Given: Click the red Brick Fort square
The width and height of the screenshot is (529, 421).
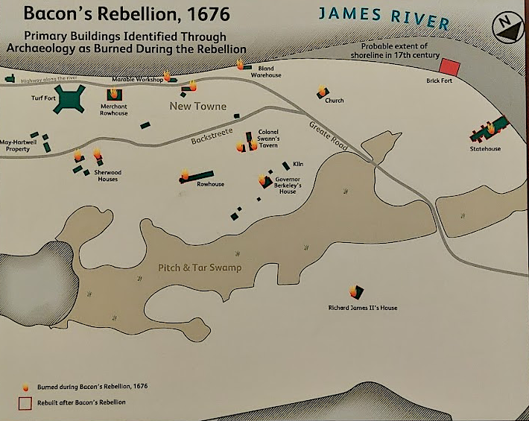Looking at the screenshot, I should (449, 66).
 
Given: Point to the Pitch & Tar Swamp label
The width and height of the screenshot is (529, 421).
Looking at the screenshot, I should (200, 268).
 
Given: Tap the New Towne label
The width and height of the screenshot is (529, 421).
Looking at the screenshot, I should (198, 107).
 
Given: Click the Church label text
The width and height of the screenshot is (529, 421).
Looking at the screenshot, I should (335, 101).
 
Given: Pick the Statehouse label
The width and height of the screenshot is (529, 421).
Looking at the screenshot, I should (485, 149).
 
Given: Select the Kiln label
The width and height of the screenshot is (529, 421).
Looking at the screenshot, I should (298, 163).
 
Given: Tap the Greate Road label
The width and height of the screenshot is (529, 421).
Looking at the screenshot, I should (329, 137).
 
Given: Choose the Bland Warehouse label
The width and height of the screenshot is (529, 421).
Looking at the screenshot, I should (266, 72).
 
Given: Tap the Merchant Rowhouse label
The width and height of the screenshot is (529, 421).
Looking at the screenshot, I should (114, 110).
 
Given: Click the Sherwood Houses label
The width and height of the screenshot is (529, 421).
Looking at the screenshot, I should (107, 176).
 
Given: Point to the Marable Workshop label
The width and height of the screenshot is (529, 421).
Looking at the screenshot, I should (137, 79).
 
